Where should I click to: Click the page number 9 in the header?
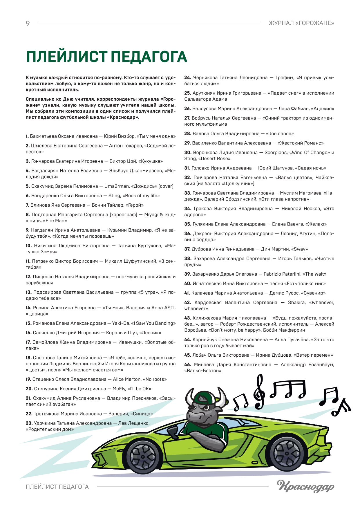click(x=28, y=23)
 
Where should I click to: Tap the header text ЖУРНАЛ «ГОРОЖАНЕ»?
click(x=301, y=23)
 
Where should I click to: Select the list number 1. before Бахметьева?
click(x=27, y=136)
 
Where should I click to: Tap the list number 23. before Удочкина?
click(x=29, y=423)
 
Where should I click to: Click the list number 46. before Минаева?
click(x=188, y=365)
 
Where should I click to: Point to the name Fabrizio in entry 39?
click(x=273, y=274)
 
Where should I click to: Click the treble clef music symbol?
click(x=259, y=392)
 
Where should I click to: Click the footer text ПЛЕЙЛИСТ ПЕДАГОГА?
click(x=57, y=487)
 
